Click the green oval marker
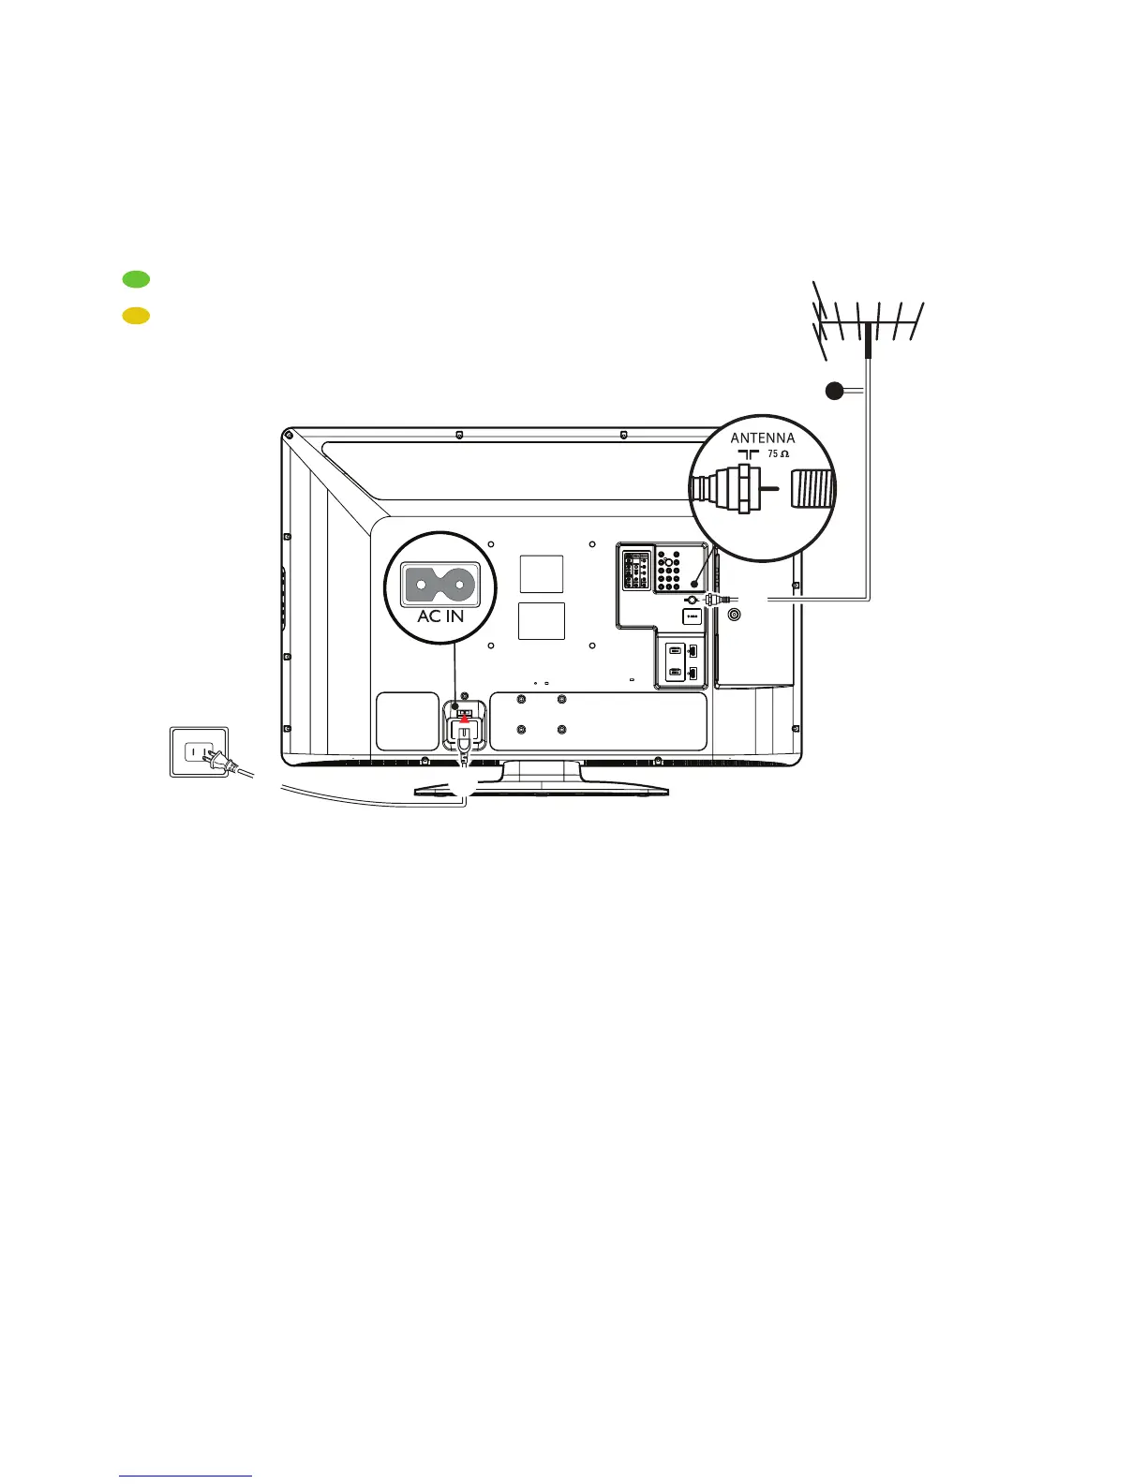136,278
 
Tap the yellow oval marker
136,316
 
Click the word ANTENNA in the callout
762,438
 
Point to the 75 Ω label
779,453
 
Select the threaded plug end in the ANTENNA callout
812,489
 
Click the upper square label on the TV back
542,573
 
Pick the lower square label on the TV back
542,621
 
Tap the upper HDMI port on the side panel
676,651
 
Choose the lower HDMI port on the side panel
676,673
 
